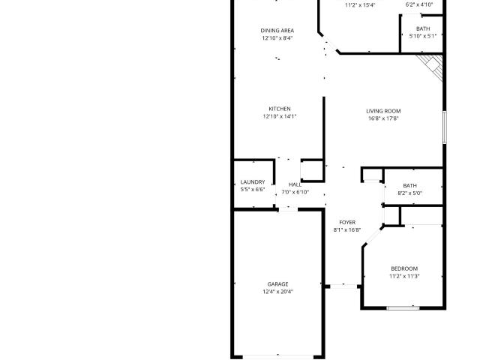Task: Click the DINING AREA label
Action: click(277, 31)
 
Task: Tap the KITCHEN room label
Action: click(280, 109)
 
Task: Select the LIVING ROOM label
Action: click(383, 111)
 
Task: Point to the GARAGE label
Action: click(277, 284)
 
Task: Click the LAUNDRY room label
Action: click(253, 182)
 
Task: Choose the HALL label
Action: click(295, 184)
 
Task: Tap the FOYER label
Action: click(347, 223)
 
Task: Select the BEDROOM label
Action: click(404, 268)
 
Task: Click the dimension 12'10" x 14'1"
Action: click(280, 116)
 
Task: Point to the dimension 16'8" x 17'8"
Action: click(383, 118)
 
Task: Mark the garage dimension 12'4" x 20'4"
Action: click(277, 292)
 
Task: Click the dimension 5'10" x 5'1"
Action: click(423, 36)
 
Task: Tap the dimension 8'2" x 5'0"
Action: click(410, 193)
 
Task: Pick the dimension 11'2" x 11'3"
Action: click(404, 277)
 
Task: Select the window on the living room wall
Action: click(445, 127)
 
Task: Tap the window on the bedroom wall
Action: click(403, 308)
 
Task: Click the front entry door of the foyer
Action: click(343, 286)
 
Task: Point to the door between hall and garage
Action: click(288, 209)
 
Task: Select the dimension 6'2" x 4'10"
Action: click(419, 4)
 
